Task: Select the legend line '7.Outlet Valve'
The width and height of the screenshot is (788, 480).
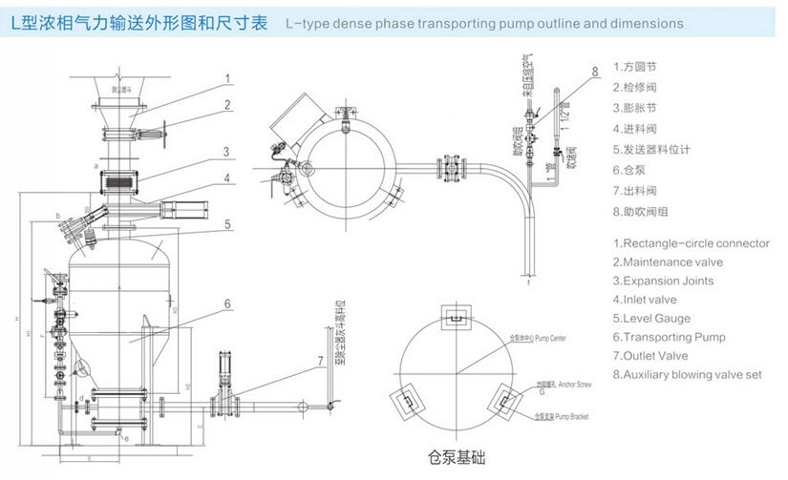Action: [660, 356]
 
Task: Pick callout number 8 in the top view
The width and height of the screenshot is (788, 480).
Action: [593, 72]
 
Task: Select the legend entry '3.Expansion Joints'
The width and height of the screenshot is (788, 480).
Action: [668, 281]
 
